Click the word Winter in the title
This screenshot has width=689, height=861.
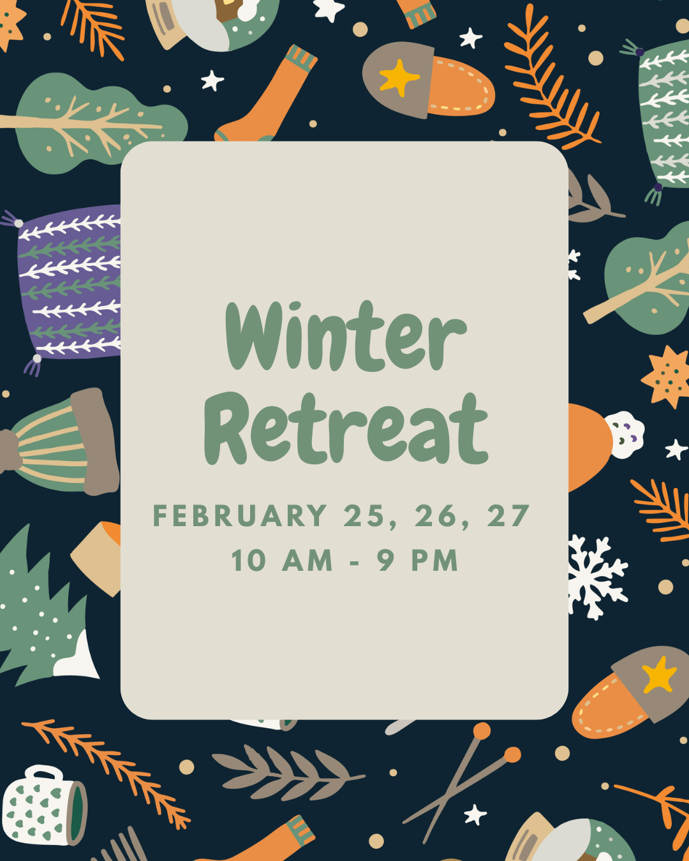click(x=346, y=336)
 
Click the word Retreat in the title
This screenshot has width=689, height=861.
click(x=346, y=428)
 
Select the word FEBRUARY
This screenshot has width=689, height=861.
click(x=240, y=515)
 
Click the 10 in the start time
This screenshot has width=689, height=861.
click(x=249, y=560)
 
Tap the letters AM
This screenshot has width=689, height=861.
click(x=307, y=560)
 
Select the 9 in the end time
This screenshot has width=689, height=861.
click(x=386, y=560)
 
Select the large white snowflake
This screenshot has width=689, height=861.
click(x=597, y=577)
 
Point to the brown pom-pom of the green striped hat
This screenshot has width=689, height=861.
click(x=9, y=451)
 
